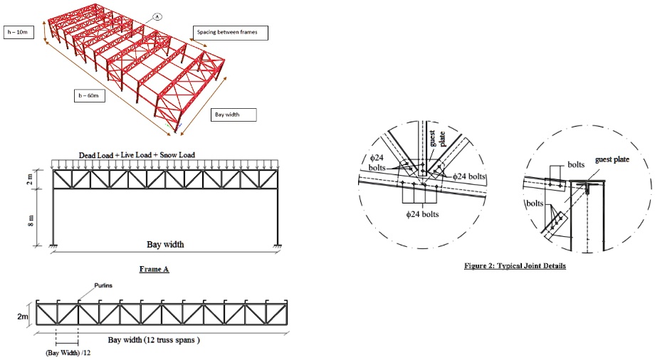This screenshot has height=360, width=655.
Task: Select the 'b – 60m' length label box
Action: click(x=89, y=95)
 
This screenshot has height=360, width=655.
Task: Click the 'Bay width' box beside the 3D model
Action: click(x=234, y=115)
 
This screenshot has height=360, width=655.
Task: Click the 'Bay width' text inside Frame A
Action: click(x=165, y=245)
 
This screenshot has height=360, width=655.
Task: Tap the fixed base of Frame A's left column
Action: click(x=54, y=247)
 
